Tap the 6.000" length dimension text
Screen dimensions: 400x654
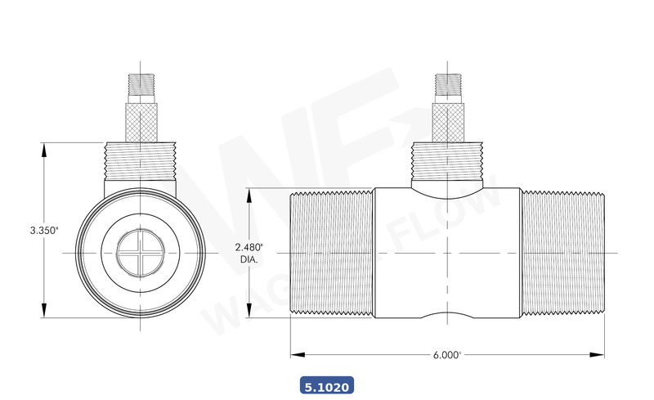click(x=446, y=355)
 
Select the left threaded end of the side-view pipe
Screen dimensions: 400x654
click(x=332, y=255)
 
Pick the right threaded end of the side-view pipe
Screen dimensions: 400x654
click(x=562, y=255)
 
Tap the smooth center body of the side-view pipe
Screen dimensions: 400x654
click(x=447, y=255)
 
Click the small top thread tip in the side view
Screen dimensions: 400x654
click(x=447, y=83)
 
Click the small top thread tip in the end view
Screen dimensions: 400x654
click(x=141, y=83)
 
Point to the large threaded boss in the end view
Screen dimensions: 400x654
click(x=141, y=162)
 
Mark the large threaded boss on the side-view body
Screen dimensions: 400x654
click(x=447, y=164)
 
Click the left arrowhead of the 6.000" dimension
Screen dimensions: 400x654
click(x=295, y=355)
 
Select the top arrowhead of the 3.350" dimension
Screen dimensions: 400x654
click(x=43, y=148)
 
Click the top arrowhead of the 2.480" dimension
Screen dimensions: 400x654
click(x=250, y=196)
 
